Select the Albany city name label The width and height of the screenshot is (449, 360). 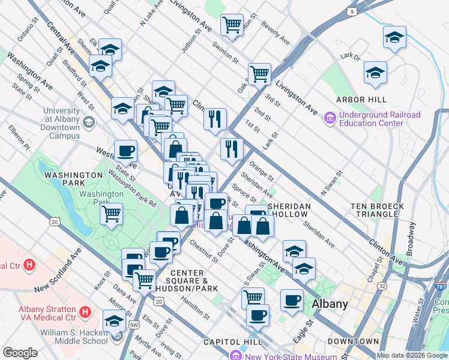pos(330,304)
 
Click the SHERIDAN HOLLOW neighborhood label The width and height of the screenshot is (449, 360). pos(289,210)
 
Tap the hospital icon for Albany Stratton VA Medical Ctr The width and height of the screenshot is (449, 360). pos(85,312)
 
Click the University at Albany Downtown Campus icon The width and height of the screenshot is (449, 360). pos(89,123)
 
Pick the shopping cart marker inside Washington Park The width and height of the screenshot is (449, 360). pos(112,212)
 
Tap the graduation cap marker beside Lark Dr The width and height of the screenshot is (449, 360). pos(375,73)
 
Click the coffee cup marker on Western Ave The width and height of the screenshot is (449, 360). pos(125,150)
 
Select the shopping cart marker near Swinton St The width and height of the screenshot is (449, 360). pos(232,25)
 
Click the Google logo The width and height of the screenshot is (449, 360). pos(20,353)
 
